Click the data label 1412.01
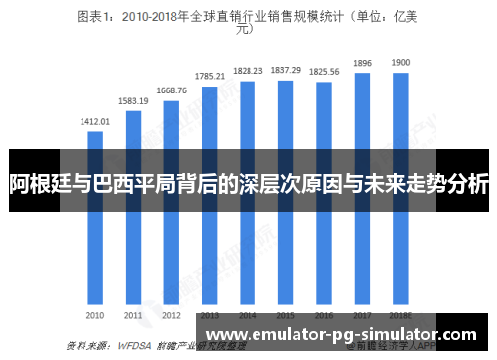[x=95, y=122]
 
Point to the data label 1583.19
[x=133, y=101]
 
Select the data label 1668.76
[x=171, y=90]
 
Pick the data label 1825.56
[x=324, y=72]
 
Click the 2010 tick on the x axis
[x=95, y=315]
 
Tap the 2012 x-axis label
[x=171, y=315]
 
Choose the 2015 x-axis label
[x=286, y=315]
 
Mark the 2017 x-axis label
[x=362, y=315]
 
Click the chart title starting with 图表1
[x=248, y=22]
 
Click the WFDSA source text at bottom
[x=134, y=346]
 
